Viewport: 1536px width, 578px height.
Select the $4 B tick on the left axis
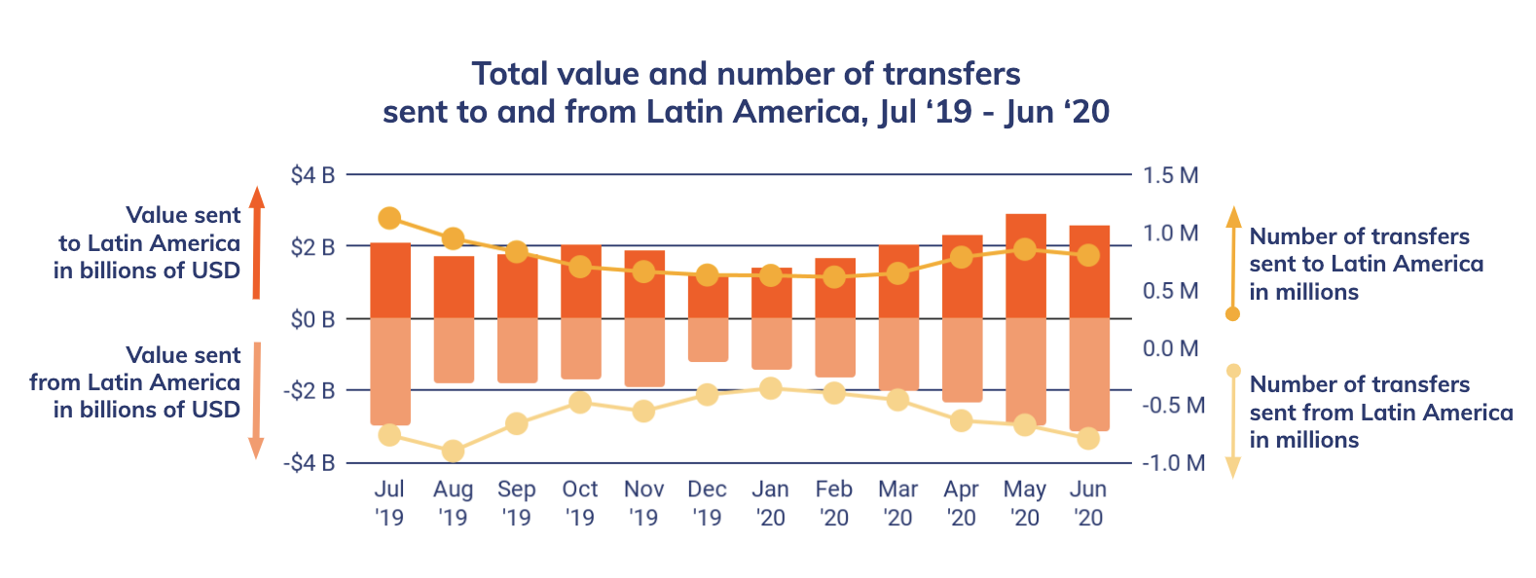(312, 176)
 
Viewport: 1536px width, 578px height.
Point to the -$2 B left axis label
(310, 391)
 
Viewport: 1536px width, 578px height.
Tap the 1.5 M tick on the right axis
(1170, 176)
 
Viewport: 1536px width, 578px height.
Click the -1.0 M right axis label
(1173, 463)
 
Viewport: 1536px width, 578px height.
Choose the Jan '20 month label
(771, 503)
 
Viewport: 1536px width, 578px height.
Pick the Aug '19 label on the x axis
(453, 503)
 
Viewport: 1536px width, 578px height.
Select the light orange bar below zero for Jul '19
(390, 371)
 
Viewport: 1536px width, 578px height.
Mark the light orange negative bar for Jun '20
(1089, 374)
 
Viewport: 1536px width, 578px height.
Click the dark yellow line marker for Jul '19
(390, 218)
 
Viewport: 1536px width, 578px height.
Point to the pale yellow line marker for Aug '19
(453, 451)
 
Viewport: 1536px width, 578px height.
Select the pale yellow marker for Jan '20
(771, 389)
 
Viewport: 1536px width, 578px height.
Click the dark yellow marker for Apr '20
(962, 258)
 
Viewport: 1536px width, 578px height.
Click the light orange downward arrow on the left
(256, 399)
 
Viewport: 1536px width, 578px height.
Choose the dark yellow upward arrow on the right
(1233, 258)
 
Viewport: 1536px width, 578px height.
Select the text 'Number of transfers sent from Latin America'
(1380, 413)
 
